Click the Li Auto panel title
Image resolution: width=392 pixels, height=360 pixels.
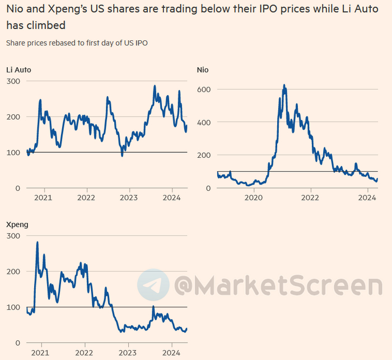[x=18, y=70]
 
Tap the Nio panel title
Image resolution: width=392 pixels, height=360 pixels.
[x=203, y=70]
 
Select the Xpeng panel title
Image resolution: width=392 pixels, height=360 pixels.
[x=17, y=225]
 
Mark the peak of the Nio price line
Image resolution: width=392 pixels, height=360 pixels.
[x=284, y=86]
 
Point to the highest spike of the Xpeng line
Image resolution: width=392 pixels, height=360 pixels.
[x=37, y=242]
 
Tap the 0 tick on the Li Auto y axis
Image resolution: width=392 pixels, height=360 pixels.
[x=18, y=188]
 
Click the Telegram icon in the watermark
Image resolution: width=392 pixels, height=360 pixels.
[x=153, y=285]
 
